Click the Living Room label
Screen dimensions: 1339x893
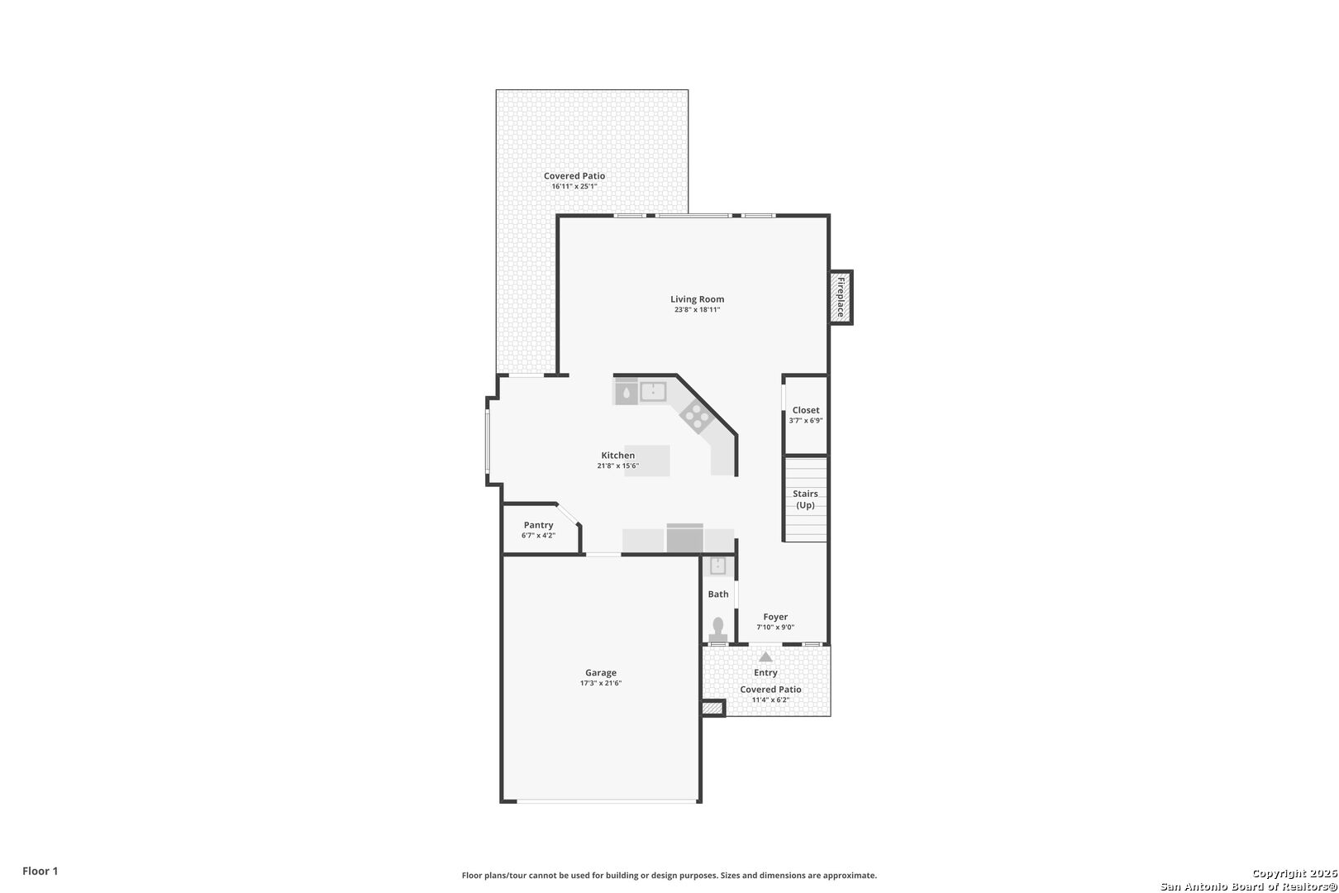(x=697, y=299)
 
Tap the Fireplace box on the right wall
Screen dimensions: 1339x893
(x=841, y=298)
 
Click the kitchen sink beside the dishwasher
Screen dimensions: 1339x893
(x=653, y=392)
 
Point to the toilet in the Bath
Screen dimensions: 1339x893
(x=718, y=630)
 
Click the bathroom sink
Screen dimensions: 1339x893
(x=718, y=566)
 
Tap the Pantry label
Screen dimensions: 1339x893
(x=539, y=525)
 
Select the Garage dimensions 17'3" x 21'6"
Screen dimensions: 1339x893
(x=601, y=683)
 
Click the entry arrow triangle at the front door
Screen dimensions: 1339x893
(x=765, y=657)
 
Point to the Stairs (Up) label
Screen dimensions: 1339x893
(x=805, y=499)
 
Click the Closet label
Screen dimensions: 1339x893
(x=806, y=410)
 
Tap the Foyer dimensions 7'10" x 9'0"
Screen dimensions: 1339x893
(x=775, y=628)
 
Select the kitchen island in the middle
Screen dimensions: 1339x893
(x=647, y=461)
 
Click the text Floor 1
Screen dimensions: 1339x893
(x=40, y=871)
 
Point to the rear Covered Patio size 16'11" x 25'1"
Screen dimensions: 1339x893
(x=574, y=187)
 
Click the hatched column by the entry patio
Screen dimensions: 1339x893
(x=712, y=708)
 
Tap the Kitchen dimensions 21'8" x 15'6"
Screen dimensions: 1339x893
(x=618, y=466)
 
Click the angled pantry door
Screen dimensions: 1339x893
(x=569, y=514)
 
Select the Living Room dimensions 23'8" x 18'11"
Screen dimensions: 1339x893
(x=697, y=310)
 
